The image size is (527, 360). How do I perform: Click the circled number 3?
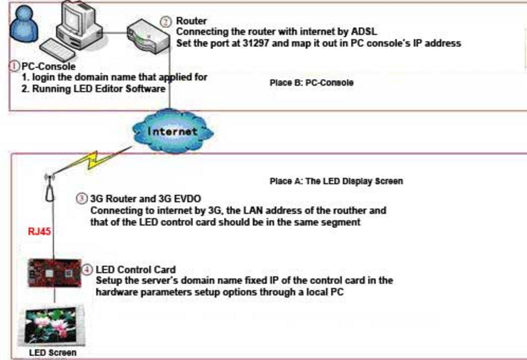[x=81, y=200]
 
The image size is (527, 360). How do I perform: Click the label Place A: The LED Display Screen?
[x=337, y=181]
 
